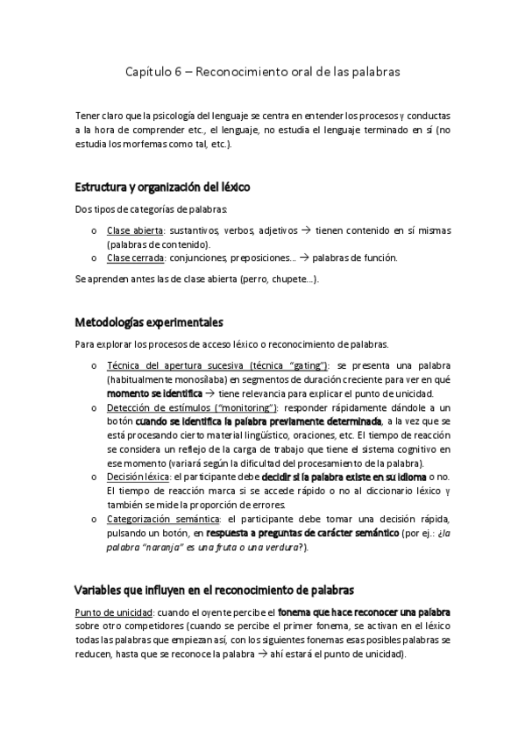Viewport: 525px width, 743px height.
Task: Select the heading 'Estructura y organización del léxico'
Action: [163, 187]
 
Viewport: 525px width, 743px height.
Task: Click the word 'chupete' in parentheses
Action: [291, 279]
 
